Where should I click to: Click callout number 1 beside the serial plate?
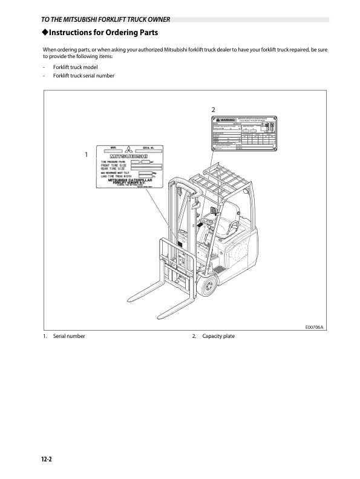(x=87, y=154)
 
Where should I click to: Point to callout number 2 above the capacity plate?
(x=213, y=109)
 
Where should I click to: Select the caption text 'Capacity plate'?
(x=218, y=336)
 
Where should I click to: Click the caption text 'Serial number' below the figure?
(x=69, y=336)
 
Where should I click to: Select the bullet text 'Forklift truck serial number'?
(x=83, y=76)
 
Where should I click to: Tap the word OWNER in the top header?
(x=154, y=19)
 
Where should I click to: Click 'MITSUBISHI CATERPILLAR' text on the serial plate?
(x=134, y=180)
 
